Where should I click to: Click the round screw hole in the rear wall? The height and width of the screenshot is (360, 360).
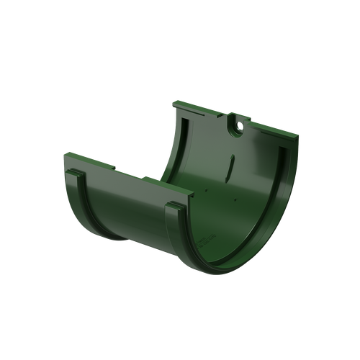pos(236,127)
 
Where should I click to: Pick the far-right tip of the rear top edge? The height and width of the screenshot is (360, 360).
pos(298,140)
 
